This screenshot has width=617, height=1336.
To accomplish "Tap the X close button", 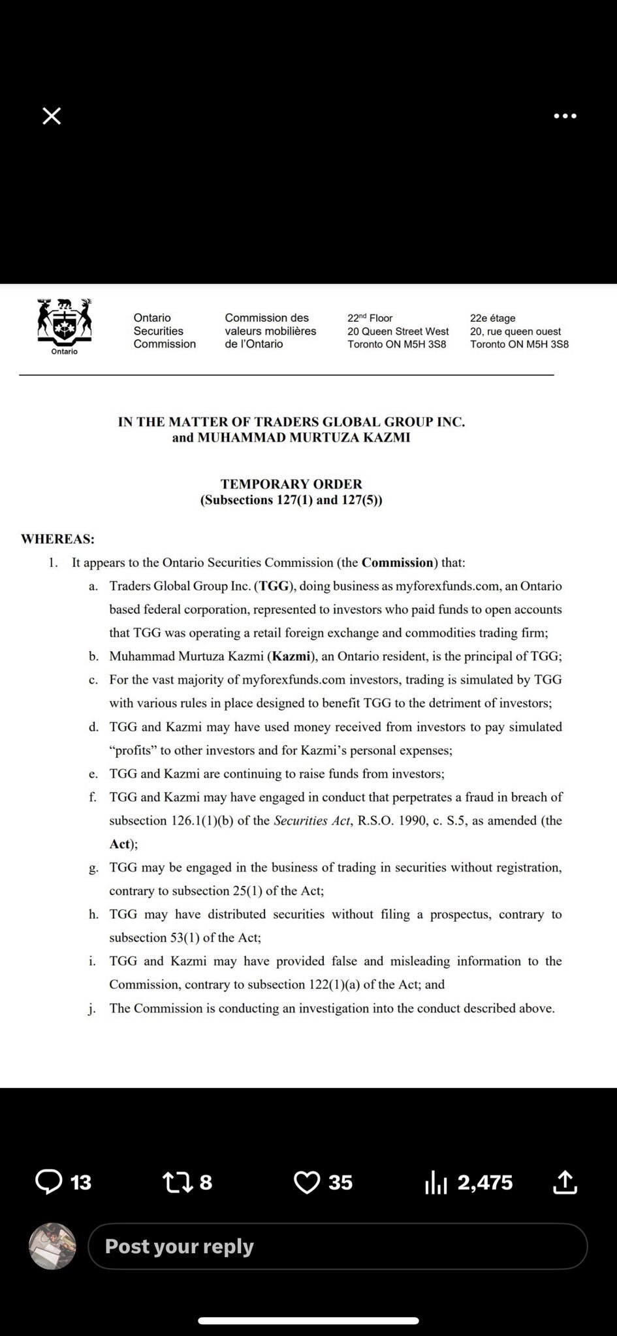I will [x=52, y=116].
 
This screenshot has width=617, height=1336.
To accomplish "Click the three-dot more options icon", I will [x=565, y=116].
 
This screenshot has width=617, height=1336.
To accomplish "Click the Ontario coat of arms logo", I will [x=65, y=324].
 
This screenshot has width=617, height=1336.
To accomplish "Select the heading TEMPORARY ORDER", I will [x=291, y=484].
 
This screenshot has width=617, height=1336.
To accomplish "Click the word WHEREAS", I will [x=57, y=539].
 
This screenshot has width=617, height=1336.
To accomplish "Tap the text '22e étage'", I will [x=493, y=318].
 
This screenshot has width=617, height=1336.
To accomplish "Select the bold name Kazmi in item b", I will [x=291, y=656].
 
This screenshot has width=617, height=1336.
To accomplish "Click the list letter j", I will [x=92, y=1009].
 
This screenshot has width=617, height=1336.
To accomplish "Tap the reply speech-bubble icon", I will [x=48, y=1182].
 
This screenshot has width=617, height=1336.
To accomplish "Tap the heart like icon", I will [x=307, y=1182].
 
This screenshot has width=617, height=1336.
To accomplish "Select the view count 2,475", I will [x=485, y=1182].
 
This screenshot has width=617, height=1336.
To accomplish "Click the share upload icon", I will [x=565, y=1182].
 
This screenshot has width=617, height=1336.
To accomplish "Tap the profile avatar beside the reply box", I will [x=53, y=1246].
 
